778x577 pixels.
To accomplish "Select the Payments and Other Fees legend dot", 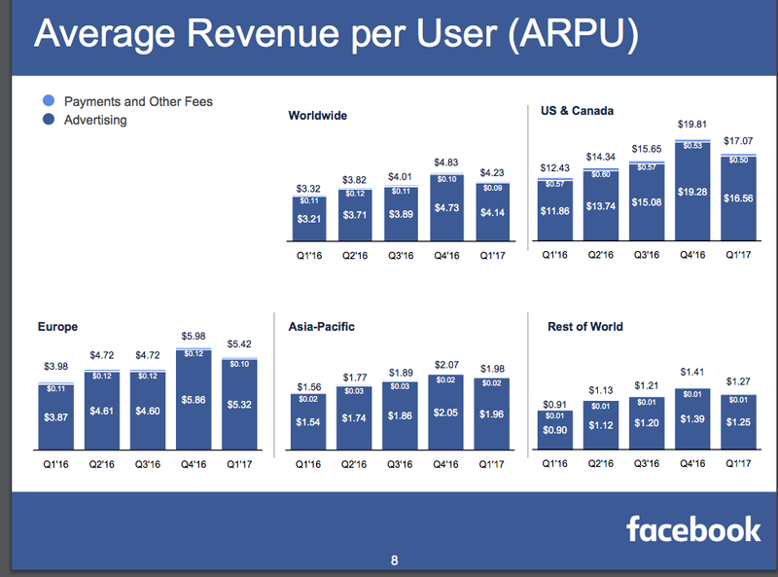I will pyautogui.click(x=49, y=101).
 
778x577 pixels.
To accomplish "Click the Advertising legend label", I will pyautogui.click(x=95, y=121).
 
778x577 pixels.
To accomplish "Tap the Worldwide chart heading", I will pyautogui.click(x=318, y=116).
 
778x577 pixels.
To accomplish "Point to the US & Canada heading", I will pyautogui.click(x=578, y=111).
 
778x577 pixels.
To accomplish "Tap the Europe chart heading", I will pyautogui.click(x=57, y=327).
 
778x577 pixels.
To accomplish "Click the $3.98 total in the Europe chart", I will pyautogui.click(x=58, y=366).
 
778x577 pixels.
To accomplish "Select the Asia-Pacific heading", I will pyautogui.click(x=322, y=327).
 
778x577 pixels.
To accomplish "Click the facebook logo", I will pyautogui.click(x=693, y=529).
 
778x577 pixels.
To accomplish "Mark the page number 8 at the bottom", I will pyautogui.click(x=394, y=560).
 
